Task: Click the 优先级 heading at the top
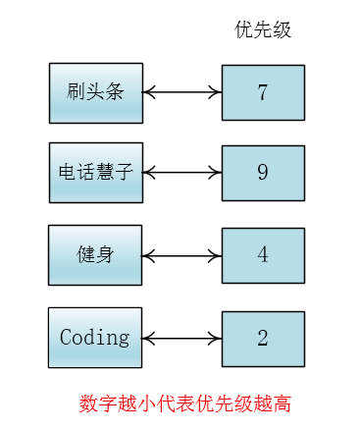pyautogui.click(x=263, y=30)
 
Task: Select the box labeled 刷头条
pyautogui.click(x=95, y=93)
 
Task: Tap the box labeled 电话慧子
pyautogui.click(x=95, y=174)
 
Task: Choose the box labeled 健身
pyautogui.click(x=95, y=254)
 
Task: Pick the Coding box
pyautogui.click(x=95, y=337)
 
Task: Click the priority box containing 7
pyautogui.click(x=263, y=94)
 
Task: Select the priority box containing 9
pyautogui.click(x=263, y=174)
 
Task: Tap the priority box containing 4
pyautogui.click(x=263, y=255)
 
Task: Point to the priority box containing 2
pyautogui.click(x=263, y=339)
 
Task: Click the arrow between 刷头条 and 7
pyautogui.click(x=182, y=93)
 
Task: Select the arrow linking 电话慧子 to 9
pyautogui.click(x=182, y=174)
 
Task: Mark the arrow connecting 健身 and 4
pyautogui.click(x=182, y=255)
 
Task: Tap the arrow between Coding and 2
pyautogui.click(x=182, y=339)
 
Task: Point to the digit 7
pyautogui.click(x=263, y=94)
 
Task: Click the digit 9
pyautogui.click(x=263, y=174)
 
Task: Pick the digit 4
pyautogui.click(x=263, y=255)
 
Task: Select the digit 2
pyautogui.click(x=263, y=339)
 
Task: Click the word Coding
pyautogui.click(x=95, y=338)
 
